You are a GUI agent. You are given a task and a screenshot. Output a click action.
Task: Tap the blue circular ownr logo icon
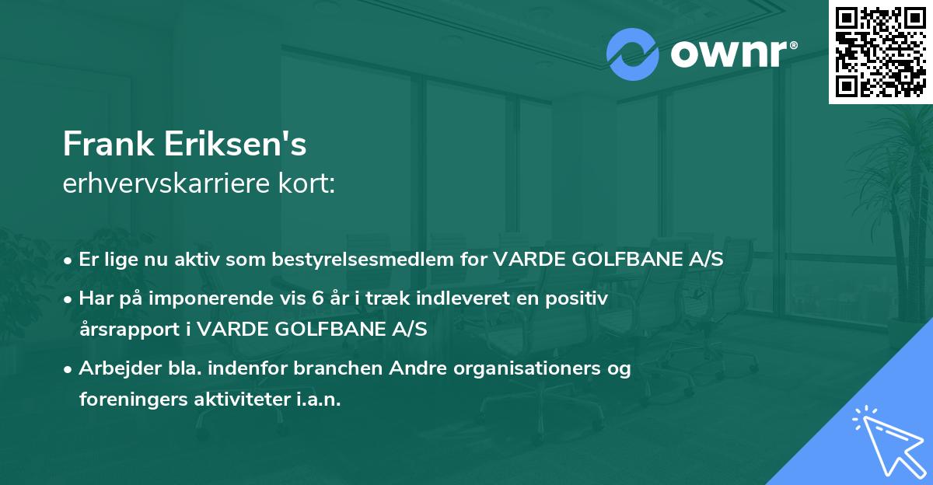pos(633,54)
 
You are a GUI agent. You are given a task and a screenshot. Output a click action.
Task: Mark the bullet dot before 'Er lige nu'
pos(69,260)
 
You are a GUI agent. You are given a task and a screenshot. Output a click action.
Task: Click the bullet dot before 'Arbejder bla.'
pos(69,369)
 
